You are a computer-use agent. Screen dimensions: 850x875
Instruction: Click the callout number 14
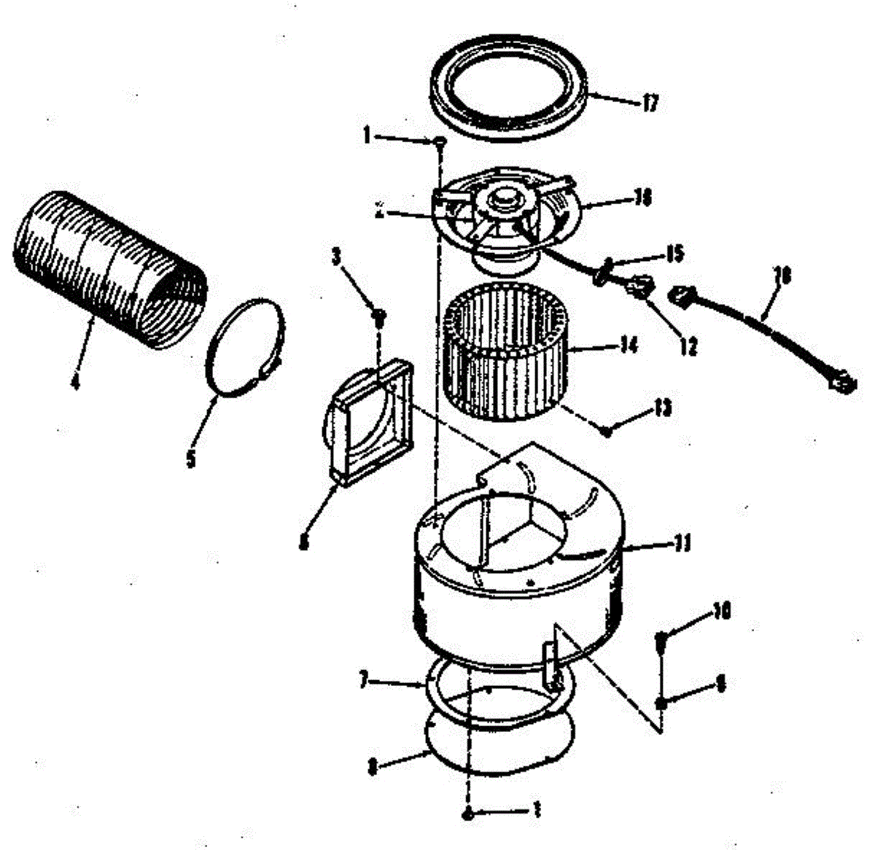click(628, 344)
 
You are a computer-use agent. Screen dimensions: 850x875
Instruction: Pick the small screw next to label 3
click(379, 315)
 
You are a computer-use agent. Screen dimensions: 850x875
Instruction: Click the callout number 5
click(192, 459)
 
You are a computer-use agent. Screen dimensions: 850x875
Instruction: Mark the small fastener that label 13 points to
click(607, 430)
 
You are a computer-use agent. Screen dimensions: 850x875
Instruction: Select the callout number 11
click(682, 544)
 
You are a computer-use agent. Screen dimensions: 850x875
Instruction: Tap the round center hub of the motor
click(503, 197)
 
